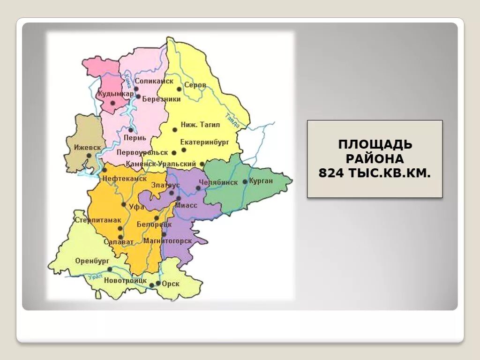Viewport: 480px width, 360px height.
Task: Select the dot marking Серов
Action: (x=179, y=89)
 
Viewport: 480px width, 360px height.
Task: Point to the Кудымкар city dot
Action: (x=112, y=103)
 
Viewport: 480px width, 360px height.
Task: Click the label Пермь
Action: (x=135, y=138)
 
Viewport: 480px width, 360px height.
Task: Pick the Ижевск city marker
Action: (x=89, y=155)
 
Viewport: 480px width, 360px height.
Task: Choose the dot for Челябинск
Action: (x=198, y=188)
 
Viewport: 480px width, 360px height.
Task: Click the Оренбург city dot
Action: (x=110, y=269)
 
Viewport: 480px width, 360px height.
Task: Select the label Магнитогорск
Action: (x=168, y=241)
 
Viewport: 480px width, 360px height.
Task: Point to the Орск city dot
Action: (x=158, y=284)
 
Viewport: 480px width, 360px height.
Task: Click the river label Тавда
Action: (x=232, y=120)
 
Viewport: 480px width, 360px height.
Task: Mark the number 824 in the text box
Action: (x=331, y=173)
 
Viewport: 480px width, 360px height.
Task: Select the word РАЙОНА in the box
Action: (x=375, y=158)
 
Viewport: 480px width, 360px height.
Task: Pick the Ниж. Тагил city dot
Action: (x=175, y=129)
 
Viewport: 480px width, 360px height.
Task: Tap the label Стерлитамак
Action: (x=98, y=220)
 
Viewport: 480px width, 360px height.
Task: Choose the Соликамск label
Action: (x=154, y=81)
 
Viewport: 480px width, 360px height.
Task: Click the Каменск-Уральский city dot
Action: (x=202, y=164)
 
